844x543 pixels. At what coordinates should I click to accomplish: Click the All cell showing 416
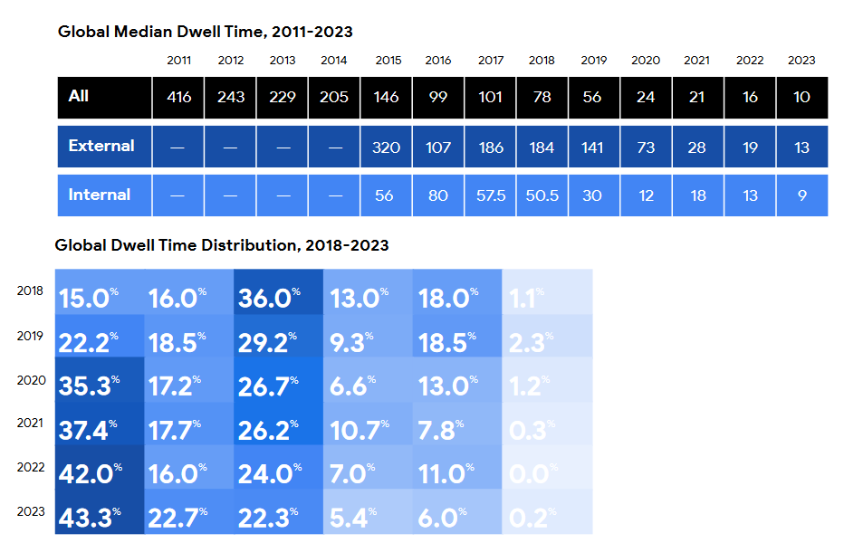[x=179, y=97]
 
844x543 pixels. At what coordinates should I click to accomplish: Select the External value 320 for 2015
[x=386, y=147]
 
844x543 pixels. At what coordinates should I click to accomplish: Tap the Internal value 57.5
[x=490, y=195]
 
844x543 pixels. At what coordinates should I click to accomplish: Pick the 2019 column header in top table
[x=593, y=61]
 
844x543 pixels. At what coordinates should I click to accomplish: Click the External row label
[x=101, y=146]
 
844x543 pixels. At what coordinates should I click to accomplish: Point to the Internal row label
[x=100, y=195]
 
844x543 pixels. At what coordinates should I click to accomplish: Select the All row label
[x=79, y=96]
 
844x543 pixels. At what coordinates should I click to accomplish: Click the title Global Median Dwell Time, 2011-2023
[x=205, y=32]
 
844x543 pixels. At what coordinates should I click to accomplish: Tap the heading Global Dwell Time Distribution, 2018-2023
[x=222, y=245]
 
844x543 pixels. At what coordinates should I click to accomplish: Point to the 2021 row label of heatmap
[x=30, y=423]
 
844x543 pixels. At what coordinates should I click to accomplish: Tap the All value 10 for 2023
[x=801, y=97]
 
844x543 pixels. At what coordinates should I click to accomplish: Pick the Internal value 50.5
[x=542, y=195]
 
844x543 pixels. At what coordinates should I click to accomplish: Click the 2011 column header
[x=179, y=61]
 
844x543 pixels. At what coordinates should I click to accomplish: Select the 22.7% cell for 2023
[x=178, y=519]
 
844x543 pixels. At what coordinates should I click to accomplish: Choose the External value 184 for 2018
[x=542, y=147]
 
